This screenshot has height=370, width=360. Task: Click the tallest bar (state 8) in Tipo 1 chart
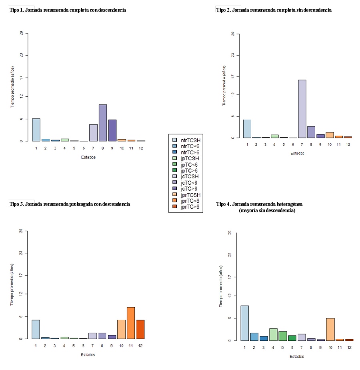point(103,123)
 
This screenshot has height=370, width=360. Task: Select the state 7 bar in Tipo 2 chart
point(302,109)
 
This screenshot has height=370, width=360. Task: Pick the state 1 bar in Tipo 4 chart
point(245,323)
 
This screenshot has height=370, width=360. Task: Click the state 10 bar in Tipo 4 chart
point(330,329)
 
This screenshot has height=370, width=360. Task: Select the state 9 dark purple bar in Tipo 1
point(112,130)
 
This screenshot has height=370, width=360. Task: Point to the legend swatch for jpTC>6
point(174,170)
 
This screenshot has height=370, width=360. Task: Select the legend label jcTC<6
point(191,182)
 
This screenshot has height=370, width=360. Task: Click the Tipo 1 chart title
point(68,10)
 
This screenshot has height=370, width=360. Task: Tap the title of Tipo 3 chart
point(70,204)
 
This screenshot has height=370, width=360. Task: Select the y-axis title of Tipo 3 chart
point(12,284)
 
